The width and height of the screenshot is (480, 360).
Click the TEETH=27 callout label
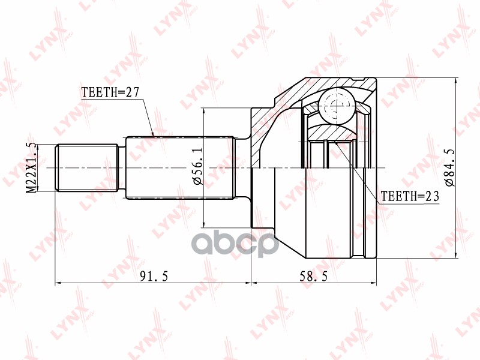[x=110, y=92]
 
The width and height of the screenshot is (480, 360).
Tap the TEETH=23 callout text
[x=410, y=196]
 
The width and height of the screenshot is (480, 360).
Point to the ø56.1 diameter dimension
[x=198, y=169]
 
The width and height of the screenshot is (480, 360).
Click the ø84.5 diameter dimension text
[x=451, y=167]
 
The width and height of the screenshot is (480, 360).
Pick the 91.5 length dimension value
[x=154, y=277]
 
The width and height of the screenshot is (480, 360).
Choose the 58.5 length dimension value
[x=313, y=277]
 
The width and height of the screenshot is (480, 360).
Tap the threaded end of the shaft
[x=86, y=168]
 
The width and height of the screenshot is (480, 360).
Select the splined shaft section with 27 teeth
[x=180, y=168]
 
